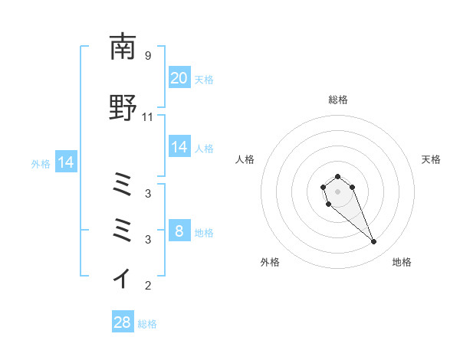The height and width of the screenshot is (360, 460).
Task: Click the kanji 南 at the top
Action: [123, 47]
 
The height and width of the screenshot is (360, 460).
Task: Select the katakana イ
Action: [123, 277]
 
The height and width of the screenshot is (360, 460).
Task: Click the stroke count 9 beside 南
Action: [148, 56]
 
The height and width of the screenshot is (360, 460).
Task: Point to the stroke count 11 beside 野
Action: [148, 117]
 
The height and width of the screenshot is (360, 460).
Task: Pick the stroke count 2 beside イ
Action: [148, 286]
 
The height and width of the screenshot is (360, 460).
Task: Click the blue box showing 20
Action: [179, 78]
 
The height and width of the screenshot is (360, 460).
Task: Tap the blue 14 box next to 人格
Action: [179, 147]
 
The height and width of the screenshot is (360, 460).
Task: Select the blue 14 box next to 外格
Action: [65, 162]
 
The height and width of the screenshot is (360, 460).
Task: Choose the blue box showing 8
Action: [179, 231]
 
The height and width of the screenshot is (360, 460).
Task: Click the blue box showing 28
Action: [123, 322]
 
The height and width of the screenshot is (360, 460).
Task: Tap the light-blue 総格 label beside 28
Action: [147, 324]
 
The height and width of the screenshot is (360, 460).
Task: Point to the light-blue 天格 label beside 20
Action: [203, 79]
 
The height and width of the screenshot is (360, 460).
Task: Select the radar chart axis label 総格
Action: [337, 100]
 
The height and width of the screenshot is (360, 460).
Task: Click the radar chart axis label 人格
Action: [245, 159]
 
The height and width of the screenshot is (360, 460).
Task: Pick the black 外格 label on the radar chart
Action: [270, 262]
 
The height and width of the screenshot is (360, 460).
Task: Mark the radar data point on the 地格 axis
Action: [373, 242]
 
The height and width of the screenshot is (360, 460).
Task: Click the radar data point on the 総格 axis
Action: [337, 176]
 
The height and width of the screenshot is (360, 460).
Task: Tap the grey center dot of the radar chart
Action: [337, 191]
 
